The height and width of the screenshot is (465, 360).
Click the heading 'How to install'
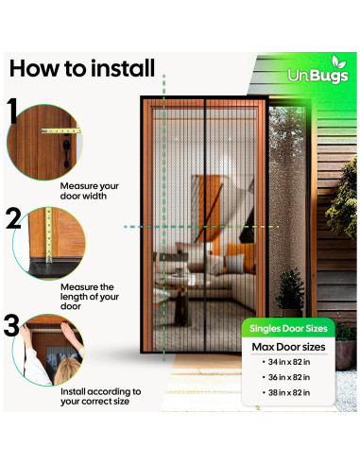click(x=81, y=69)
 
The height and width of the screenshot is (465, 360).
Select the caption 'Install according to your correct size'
click(x=100, y=397)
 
